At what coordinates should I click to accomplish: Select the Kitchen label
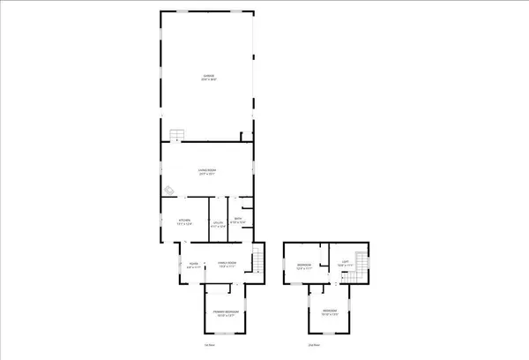185,221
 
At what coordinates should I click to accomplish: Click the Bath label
237,220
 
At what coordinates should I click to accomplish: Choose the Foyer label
192,263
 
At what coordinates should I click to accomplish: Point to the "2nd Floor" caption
312,345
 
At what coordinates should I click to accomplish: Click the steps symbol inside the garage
177,135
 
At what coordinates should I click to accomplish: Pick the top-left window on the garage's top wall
182,12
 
